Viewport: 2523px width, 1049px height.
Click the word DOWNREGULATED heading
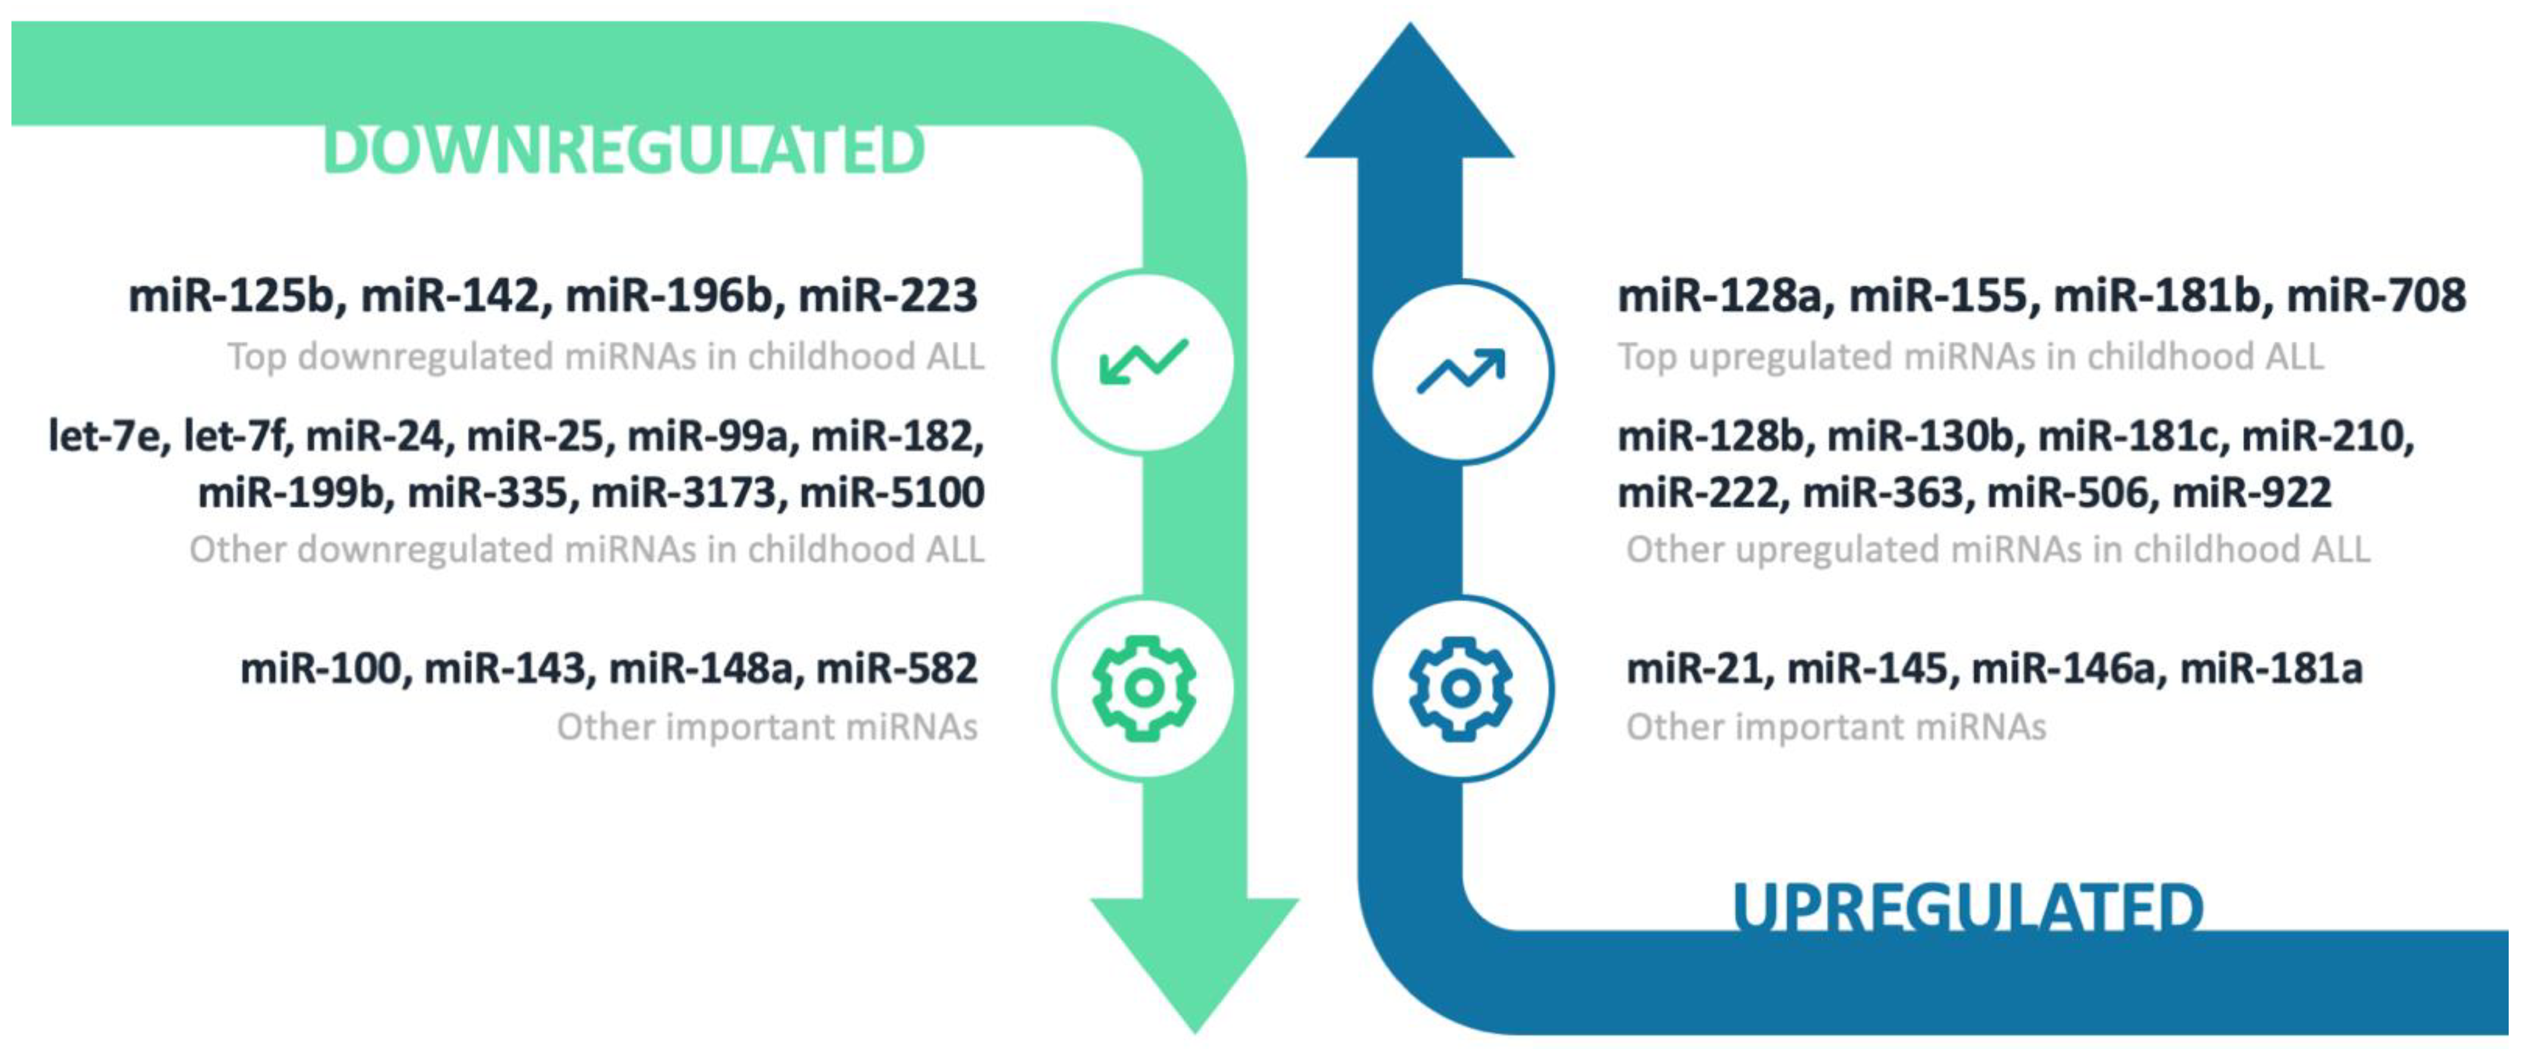coord(623,151)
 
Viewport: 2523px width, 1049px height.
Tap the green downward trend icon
coord(1143,362)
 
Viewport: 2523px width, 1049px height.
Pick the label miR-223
coord(887,296)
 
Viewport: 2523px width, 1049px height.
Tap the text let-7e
coord(105,436)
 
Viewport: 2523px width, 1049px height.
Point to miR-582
coord(896,669)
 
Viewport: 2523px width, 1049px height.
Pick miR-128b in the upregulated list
coord(1709,436)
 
